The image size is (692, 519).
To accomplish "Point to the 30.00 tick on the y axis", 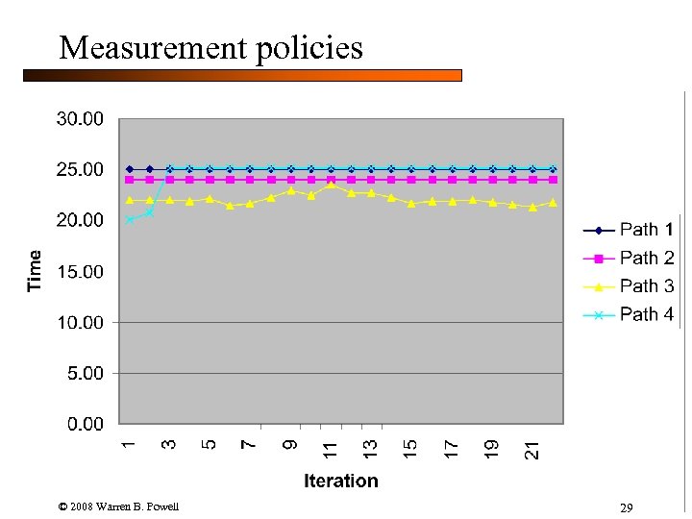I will coord(80,119).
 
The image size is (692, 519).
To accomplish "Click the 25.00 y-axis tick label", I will coord(80,170).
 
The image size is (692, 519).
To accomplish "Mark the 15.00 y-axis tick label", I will coord(80,272).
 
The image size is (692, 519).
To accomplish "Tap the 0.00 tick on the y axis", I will coord(85,424).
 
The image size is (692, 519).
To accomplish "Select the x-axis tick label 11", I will coord(331,448).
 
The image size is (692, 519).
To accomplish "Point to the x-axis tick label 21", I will coord(532,448).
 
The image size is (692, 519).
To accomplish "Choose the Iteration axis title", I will coord(341,481).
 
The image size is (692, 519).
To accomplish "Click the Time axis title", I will coord(36,271).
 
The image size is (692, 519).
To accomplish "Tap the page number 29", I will coord(626,507).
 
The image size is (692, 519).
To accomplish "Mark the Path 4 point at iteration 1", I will coord(130,220).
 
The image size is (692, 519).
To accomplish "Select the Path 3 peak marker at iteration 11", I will coord(331,184).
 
